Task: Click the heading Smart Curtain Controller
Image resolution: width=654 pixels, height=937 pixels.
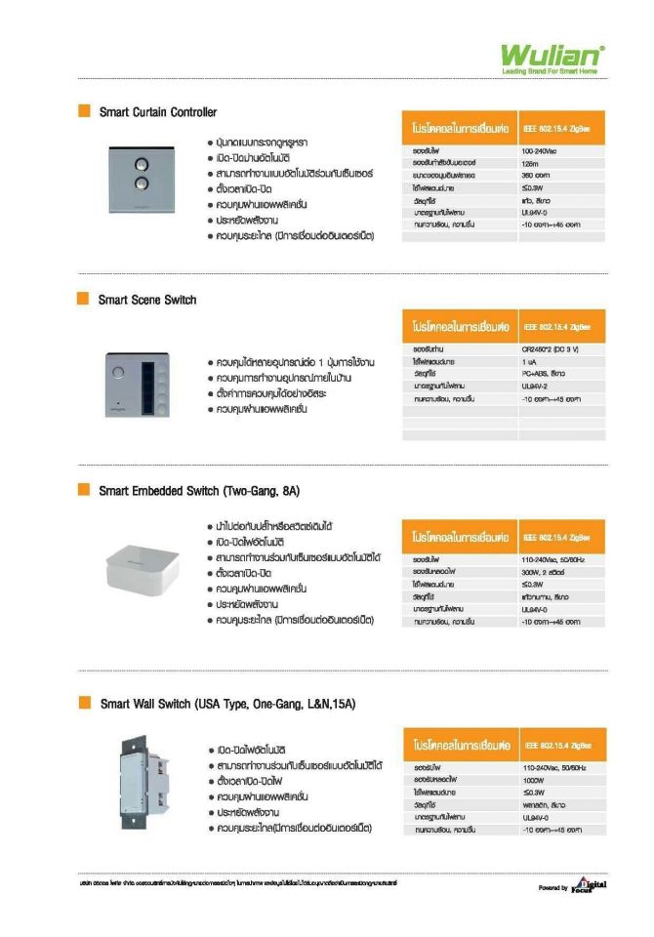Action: [158, 112]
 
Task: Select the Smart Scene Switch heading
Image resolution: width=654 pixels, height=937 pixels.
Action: [147, 300]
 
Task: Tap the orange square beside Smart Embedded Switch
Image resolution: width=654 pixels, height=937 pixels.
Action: [84, 490]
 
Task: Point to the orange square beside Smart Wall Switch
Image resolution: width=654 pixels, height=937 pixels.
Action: [84, 703]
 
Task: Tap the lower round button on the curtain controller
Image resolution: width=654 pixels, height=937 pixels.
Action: [139, 182]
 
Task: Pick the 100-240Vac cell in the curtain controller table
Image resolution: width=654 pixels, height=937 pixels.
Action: [539, 151]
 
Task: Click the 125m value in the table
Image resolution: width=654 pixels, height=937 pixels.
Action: [531, 163]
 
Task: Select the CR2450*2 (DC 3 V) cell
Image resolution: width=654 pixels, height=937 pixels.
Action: [552, 348]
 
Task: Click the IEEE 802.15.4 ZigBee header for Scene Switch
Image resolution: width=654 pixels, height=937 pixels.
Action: [556, 325]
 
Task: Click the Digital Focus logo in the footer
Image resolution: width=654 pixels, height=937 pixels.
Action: [589, 885]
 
